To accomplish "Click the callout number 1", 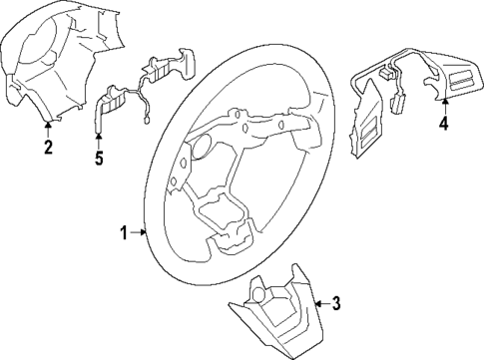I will coord(124,233).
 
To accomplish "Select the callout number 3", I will coord(336,303).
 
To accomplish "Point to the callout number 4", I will coord(443,124).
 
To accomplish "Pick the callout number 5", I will coord(98,158).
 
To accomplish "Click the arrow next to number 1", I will coord(140,233).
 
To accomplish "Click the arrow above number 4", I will coord(443,103).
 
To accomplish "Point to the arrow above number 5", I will coord(98,138).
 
